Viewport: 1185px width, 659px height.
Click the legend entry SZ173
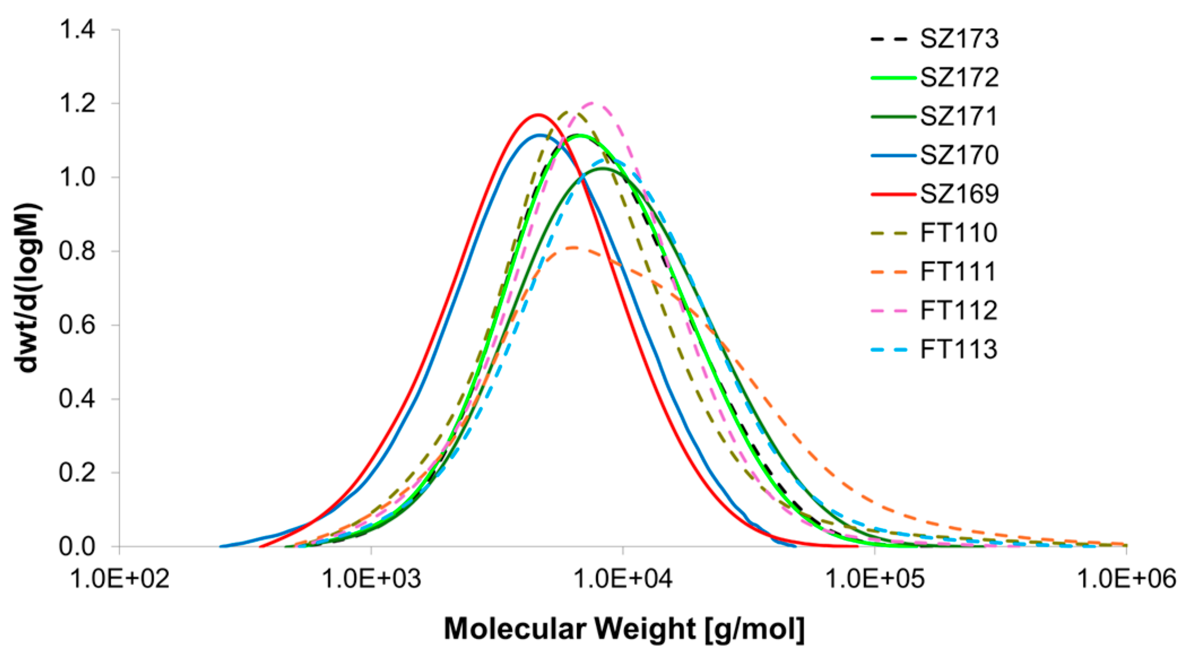coord(959,39)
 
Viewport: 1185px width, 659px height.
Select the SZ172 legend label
coord(959,77)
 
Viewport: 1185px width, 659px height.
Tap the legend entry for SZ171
coord(959,116)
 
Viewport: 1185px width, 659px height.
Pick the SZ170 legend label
coord(959,155)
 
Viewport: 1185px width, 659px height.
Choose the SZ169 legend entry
coord(959,194)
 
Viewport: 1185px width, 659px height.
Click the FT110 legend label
coord(959,233)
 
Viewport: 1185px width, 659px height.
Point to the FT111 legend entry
coord(959,272)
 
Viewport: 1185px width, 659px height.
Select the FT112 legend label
coord(959,310)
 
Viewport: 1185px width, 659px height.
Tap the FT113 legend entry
coord(959,349)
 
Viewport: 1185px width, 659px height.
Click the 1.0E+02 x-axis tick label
coord(119,579)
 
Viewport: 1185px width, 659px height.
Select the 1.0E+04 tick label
coord(623,579)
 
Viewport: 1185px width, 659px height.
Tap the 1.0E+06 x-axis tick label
coord(1126,579)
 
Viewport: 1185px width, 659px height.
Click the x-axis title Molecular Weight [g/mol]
coord(624,629)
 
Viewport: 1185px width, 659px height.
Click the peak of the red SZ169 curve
coord(537,115)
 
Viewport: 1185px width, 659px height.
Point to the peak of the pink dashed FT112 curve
coord(592,103)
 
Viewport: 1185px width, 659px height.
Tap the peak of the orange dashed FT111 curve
coord(573,247)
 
